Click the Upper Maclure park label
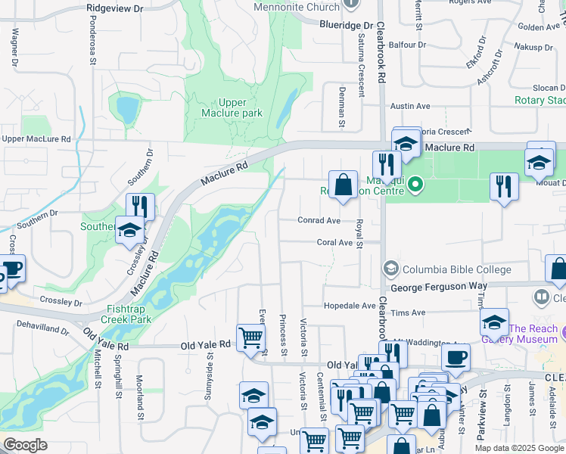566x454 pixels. (232, 107)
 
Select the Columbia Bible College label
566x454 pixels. (456, 269)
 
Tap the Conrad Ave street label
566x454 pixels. (319, 221)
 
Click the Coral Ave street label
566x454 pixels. (335, 243)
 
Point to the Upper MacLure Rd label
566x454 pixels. (36, 139)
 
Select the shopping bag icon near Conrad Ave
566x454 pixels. (343, 184)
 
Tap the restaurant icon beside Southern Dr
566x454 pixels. (140, 206)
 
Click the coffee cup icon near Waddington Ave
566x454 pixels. (456, 357)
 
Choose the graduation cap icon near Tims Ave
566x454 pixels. (493, 321)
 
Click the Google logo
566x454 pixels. (24, 445)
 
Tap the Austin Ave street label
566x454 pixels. (409, 107)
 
